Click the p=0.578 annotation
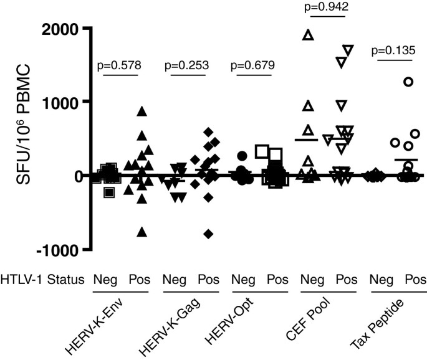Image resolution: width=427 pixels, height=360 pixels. coord(120,64)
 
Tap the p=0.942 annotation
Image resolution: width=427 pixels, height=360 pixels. coord(323,7)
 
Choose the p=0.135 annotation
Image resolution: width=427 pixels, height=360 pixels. coord(393,50)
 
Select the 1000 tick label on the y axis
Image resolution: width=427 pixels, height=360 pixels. coord(62,102)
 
